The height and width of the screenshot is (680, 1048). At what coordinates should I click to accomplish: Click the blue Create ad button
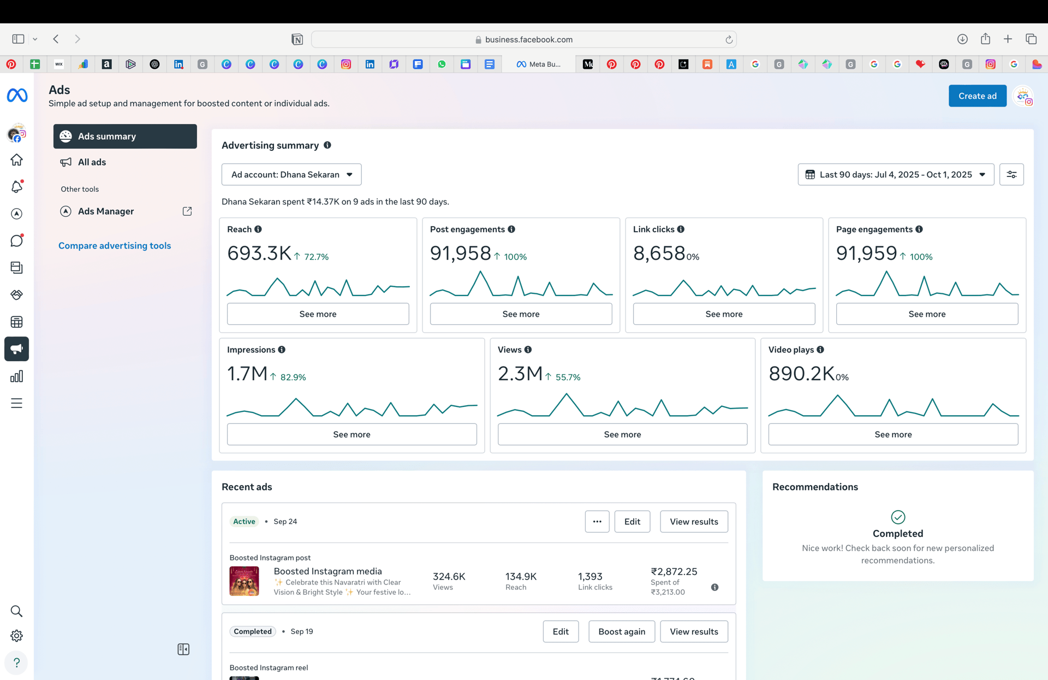pyautogui.click(x=977, y=96)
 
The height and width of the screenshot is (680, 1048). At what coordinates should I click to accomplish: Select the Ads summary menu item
pyautogui.click(x=125, y=136)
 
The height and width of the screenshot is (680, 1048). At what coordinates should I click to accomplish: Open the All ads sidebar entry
pyautogui.click(x=92, y=162)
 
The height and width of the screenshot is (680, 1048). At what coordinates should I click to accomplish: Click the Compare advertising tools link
pyautogui.click(x=115, y=246)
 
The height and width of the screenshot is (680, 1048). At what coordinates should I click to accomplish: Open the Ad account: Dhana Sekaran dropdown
pyautogui.click(x=291, y=175)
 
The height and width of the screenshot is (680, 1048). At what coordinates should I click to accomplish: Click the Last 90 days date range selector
pyautogui.click(x=896, y=175)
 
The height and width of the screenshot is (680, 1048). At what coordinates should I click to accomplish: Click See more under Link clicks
pyautogui.click(x=724, y=314)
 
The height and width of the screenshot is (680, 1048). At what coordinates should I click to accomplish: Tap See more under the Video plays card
pyautogui.click(x=893, y=434)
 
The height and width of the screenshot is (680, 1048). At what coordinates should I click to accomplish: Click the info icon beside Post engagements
pyautogui.click(x=511, y=229)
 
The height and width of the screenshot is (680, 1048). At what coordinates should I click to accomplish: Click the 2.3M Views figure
pyautogui.click(x=520, y=374)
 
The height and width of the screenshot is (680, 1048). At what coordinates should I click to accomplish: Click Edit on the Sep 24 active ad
pyautogui.click(x=632, y=522)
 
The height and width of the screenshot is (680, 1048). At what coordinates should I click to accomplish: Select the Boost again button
pyautogui.click(x=622, y=631)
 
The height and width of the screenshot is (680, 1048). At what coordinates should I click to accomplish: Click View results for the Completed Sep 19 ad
pyautogui.click(x=694, y=631)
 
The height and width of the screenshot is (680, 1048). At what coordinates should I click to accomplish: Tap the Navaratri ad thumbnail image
pyautogui.click(x=244, y=581)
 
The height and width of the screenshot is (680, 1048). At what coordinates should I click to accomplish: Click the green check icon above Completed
pyautogui.click(x=898, y=517)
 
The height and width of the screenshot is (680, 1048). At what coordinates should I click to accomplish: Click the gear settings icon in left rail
pyautogui.click(x=16, y=636)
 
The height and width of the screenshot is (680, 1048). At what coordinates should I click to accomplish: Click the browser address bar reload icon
pyautogui.click(x=729, y=39)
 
